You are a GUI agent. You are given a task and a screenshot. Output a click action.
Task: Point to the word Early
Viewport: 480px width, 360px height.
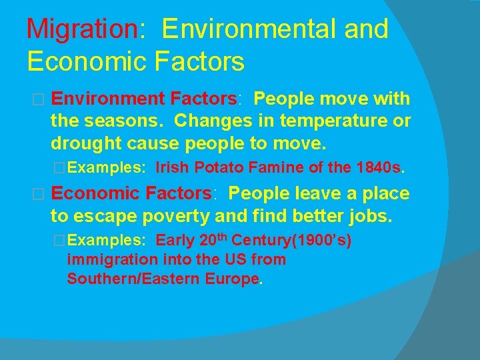[175, 240]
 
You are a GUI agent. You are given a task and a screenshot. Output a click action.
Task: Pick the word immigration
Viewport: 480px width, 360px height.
[113, 259]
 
